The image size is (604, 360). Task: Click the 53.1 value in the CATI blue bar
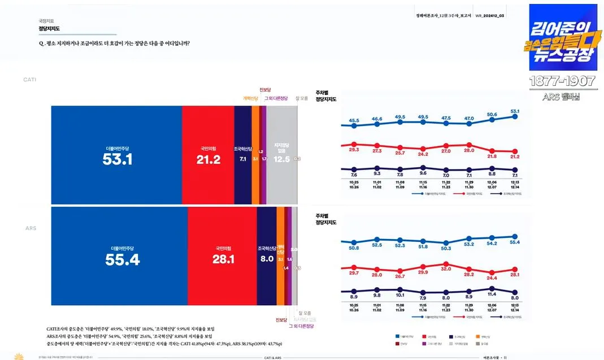click(117, 159)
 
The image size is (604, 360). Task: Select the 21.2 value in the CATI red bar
click(208, 160)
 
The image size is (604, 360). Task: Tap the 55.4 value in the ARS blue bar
click(122, 259)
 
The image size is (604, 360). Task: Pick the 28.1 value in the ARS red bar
click(223, 259)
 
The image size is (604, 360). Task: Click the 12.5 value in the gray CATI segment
click(281, 159)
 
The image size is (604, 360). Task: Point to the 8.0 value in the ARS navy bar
click(266, 259)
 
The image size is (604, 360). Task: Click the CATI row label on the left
click(29, 80)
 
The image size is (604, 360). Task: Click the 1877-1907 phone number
click(562, 81)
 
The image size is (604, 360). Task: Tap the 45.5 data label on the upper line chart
click(354, 120)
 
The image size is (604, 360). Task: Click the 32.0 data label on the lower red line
click(446, 269)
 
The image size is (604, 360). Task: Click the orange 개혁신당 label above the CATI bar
click(250, 98)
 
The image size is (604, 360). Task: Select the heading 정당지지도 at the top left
click(49, 28)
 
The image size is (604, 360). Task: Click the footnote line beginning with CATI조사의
click(130, 328)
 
